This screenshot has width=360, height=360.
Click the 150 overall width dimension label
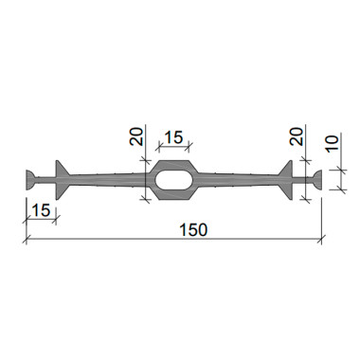click(193, 229)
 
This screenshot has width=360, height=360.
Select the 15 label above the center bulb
click(173, 137)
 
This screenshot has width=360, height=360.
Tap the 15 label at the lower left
click(41, 210)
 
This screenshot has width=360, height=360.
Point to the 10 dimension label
click(333, 143)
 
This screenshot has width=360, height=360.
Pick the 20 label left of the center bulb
click(136, 135)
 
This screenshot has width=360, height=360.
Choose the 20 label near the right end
click(297, 135)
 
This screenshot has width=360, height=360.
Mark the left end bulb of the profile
click(31, 180)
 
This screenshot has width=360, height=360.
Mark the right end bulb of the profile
click(317, 180)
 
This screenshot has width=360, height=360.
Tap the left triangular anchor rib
click(62, 180)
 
